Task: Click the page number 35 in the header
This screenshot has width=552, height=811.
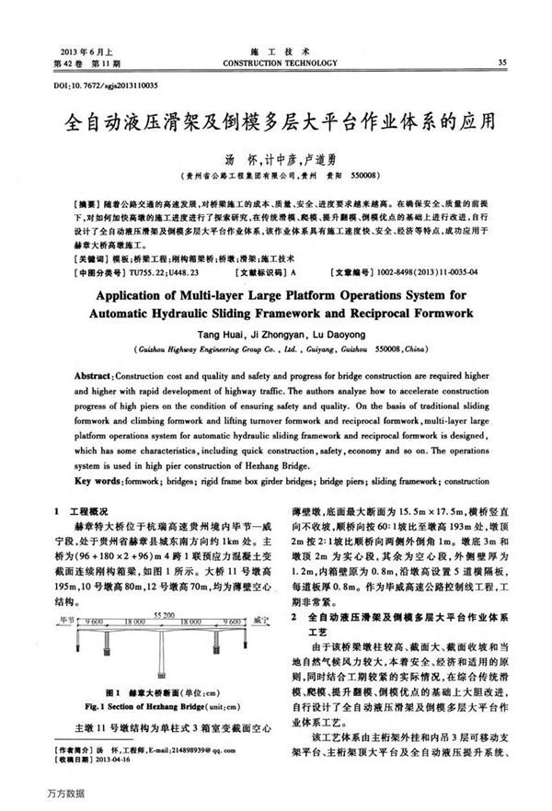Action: click(501, 63)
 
